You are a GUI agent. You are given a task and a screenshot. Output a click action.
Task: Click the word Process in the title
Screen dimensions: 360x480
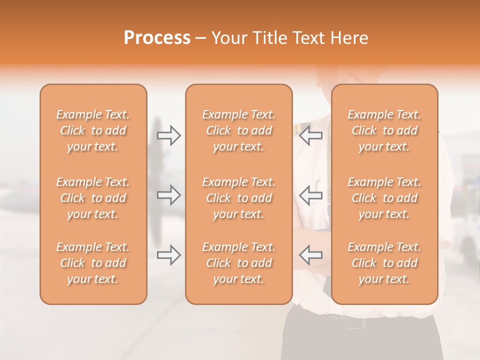tap(157, 38)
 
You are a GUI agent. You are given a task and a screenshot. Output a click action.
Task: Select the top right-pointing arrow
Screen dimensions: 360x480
tap(169, 135)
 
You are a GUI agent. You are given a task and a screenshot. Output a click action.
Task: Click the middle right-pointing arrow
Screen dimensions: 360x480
tap(169, 195)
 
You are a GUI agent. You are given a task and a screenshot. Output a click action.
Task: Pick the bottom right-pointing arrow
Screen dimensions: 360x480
tap(169, 255)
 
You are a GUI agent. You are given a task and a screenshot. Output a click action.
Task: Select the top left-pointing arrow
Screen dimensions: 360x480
tap(310, 135)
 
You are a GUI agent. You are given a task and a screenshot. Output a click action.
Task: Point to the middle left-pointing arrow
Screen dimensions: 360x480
tap(310, 195)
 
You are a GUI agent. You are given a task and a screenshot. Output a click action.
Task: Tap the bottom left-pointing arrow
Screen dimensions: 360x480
tap(310, 255)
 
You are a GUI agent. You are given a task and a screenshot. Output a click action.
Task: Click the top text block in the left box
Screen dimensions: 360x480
tap(93, 130)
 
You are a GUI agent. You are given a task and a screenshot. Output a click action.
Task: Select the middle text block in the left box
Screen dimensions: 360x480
tap(93, 198)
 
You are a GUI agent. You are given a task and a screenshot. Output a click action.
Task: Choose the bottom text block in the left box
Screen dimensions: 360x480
tap(93, 263)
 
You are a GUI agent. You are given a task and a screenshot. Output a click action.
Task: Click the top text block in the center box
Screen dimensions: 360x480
tap(239, 130)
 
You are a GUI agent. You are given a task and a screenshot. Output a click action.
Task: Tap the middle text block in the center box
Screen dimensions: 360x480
tap(239, 198)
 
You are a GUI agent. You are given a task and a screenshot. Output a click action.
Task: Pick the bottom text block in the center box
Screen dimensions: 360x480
tap(239, 263)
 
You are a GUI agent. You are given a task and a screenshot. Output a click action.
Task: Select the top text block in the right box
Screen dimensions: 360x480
tap(384, 130)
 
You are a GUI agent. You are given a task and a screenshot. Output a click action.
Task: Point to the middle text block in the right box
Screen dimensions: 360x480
tap(384, 198)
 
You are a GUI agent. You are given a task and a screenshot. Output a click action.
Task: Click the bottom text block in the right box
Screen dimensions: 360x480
tap(384, 263)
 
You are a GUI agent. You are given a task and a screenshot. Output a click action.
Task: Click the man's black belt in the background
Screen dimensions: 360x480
tap(355, 321)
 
